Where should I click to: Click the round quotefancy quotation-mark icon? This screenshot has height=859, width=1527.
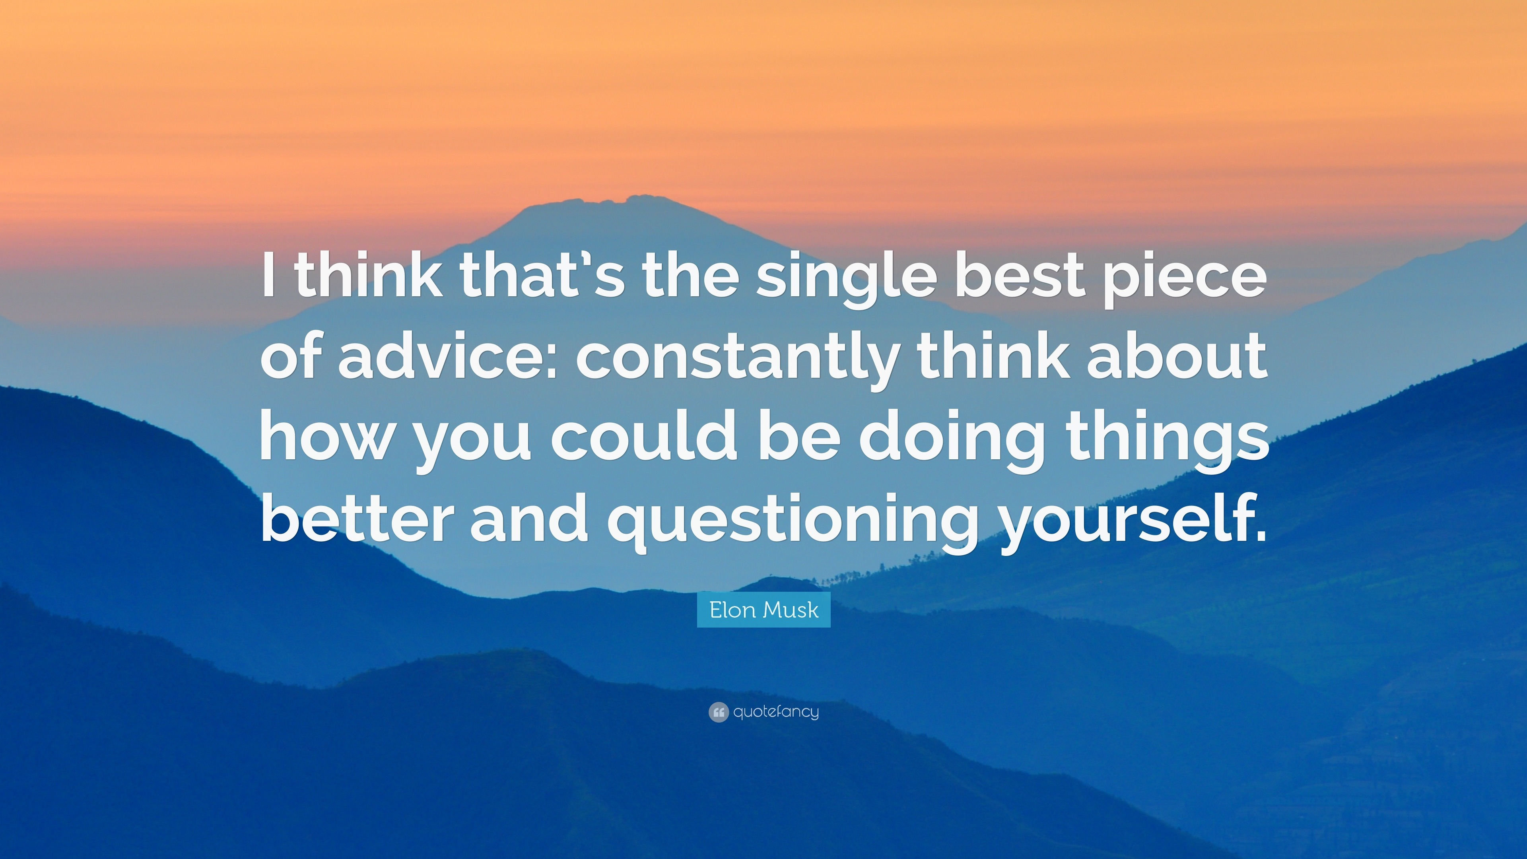tap(718, 712)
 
